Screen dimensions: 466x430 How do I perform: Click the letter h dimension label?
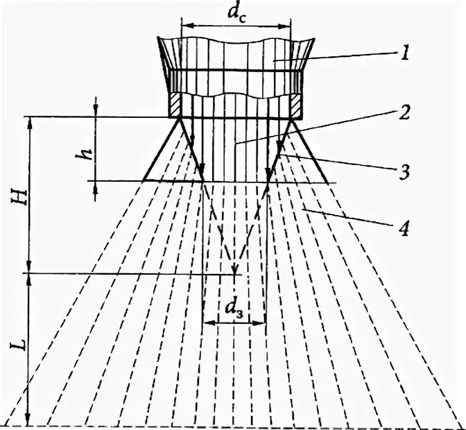coord(85,150)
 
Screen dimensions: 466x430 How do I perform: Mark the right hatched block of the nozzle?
coord(294,105)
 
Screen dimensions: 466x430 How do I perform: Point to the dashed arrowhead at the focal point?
coord(235,268)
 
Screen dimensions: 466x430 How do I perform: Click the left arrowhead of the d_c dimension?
coord(185,26)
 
